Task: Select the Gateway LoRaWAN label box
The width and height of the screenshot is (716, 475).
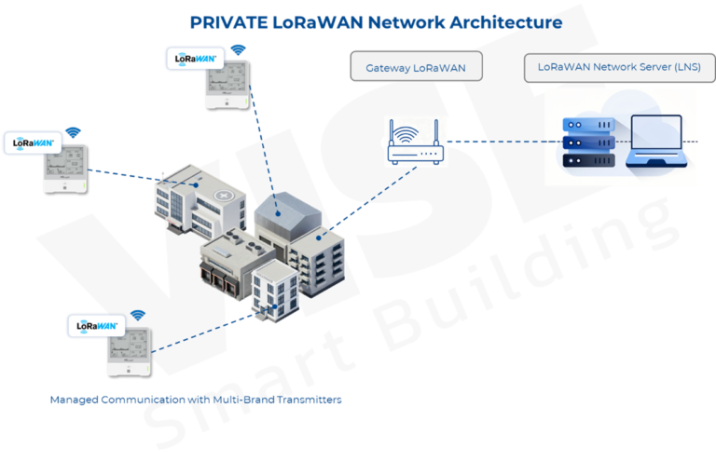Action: pyautogui.click(x=416, y=67)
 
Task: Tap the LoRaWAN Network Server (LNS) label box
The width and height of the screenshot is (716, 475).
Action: pyautogui.click(x=612, y=67)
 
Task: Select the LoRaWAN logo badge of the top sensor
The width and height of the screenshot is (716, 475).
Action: pyautogui.click(x=195, y=59)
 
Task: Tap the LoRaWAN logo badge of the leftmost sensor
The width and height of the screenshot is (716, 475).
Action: pyautogui.click(x=33, y=143)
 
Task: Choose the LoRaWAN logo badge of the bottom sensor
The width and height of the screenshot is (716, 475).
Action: pyautogui.click(x=96, y=326)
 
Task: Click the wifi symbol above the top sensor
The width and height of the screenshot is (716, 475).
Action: pyautogui.click(x=240, y=49)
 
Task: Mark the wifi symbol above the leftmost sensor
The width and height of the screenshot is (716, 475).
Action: pyautogui.click(x=73, y=133)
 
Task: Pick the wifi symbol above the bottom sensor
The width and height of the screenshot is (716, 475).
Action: pyautogui.click(x=138, y=316)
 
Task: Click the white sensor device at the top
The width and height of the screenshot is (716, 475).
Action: pyautogui.click(x=227, y=82)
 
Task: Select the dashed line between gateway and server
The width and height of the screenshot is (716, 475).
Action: pyautogui.click(x=494, y=142)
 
